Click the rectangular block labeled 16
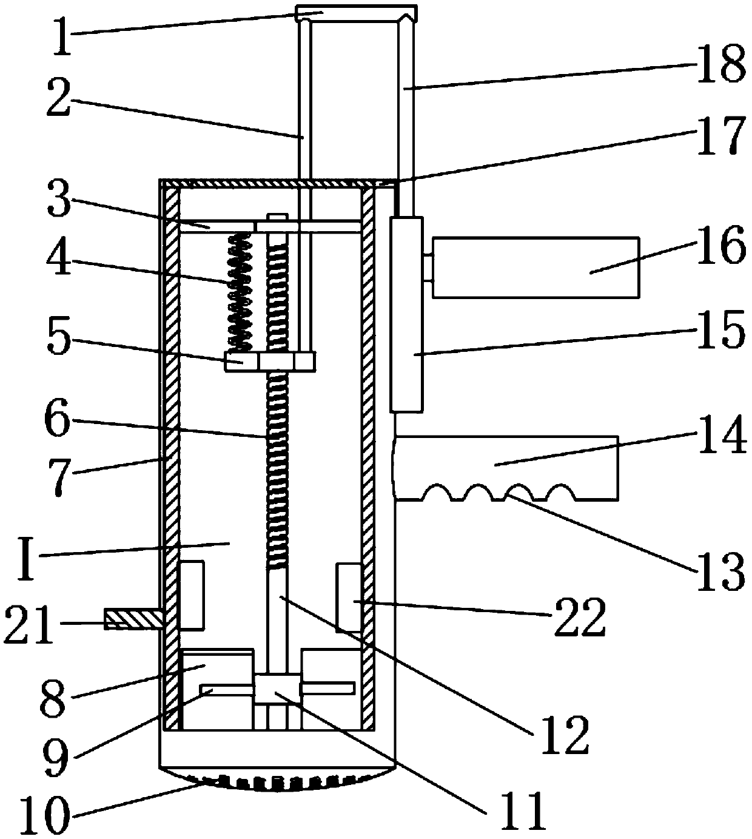(535, 267)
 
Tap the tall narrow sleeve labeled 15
(406, 315)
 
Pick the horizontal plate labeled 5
(270, 361)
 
